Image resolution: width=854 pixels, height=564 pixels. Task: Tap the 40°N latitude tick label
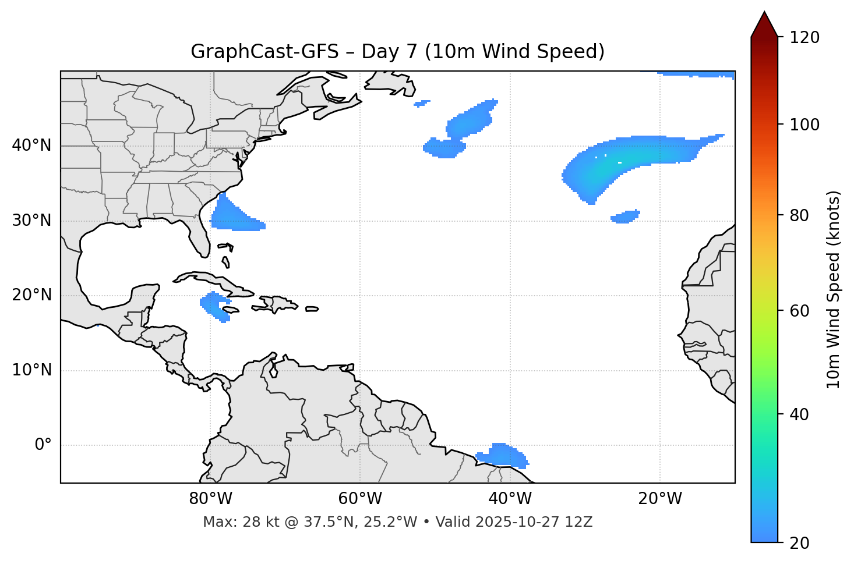point(31,146)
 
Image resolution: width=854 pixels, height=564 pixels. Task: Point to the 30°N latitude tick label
point(31,221)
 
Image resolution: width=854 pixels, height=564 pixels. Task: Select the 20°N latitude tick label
point(31,296)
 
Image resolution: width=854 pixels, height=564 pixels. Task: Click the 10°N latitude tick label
point(31,370)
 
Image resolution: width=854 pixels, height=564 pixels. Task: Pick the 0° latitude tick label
point(43,445)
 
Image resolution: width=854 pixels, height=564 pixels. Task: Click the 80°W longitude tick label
point(210,499)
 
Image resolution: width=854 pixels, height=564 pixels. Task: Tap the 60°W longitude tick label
point(360,499)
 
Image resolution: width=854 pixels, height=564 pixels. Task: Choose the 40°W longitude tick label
point(510,499)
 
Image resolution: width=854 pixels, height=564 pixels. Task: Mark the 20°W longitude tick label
point(659,499)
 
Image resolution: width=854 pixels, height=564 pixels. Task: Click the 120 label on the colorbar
point(805,38)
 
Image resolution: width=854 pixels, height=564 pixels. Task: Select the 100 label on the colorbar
point(805,125)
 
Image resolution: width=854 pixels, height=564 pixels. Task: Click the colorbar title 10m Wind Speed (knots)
point(834,290)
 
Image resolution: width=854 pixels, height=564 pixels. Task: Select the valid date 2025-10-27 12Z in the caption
point(534,522)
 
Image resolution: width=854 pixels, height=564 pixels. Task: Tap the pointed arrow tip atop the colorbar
point(764,14)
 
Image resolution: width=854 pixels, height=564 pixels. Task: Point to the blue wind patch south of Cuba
point(215,306)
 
